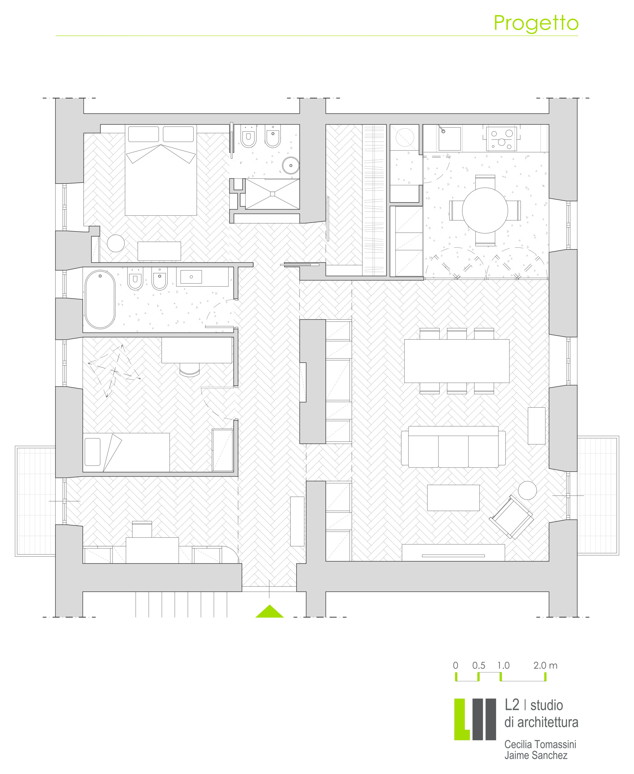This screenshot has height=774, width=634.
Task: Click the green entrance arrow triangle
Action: [x=270, y=612]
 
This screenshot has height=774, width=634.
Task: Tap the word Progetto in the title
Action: [x=536, y=24]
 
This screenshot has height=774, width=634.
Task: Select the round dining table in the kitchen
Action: [x=485, y=210]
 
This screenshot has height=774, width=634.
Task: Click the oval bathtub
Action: [x=100, y=299]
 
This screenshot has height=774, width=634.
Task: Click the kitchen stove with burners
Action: [x=502, y=139]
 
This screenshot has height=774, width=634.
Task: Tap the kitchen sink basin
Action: [x=449, y=139]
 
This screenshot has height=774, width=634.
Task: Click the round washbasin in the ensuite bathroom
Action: [x=291, y=165]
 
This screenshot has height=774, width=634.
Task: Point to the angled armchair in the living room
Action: [x=511, y=517]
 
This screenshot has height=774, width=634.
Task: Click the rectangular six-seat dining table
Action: [x=456, y=361]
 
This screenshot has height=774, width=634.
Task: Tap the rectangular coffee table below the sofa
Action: [x=453, y=498]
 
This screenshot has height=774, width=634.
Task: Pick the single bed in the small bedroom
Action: [x=126, y=452]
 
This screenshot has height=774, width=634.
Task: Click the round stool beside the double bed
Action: [x=116, y=243]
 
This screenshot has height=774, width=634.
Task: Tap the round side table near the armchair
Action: [x=527, y=490]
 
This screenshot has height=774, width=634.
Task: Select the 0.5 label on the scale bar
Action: [x=479, y=665]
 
